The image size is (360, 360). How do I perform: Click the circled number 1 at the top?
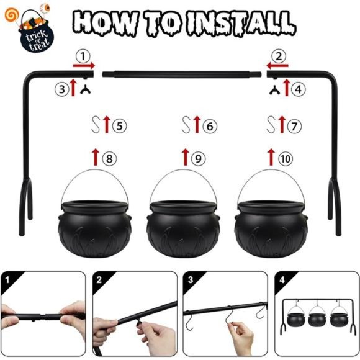coord(83,56)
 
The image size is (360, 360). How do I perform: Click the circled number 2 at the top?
coord(279,56)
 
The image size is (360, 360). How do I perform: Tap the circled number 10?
coord(286,158)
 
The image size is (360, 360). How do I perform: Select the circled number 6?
coord(210,126)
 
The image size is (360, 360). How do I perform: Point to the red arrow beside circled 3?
coord(73,88)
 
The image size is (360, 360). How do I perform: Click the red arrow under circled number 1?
coord(84,66)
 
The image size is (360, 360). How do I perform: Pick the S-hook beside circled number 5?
coord(96,125)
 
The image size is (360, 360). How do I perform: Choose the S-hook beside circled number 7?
coord(271,125)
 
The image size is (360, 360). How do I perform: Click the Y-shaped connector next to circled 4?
coord(274,90)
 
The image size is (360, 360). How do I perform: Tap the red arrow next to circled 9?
coord(186,157)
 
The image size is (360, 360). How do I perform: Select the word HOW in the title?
coord(106,23)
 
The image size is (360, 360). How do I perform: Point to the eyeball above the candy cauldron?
coord(45,8)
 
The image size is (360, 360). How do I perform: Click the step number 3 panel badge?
coord(191,280)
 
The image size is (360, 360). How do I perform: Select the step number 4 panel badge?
coord(282,280)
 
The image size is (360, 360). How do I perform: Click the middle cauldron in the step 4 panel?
coord(317,318)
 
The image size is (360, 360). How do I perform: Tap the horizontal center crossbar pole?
coord(182,74)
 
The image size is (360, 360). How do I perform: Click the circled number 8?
coord(109,158)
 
